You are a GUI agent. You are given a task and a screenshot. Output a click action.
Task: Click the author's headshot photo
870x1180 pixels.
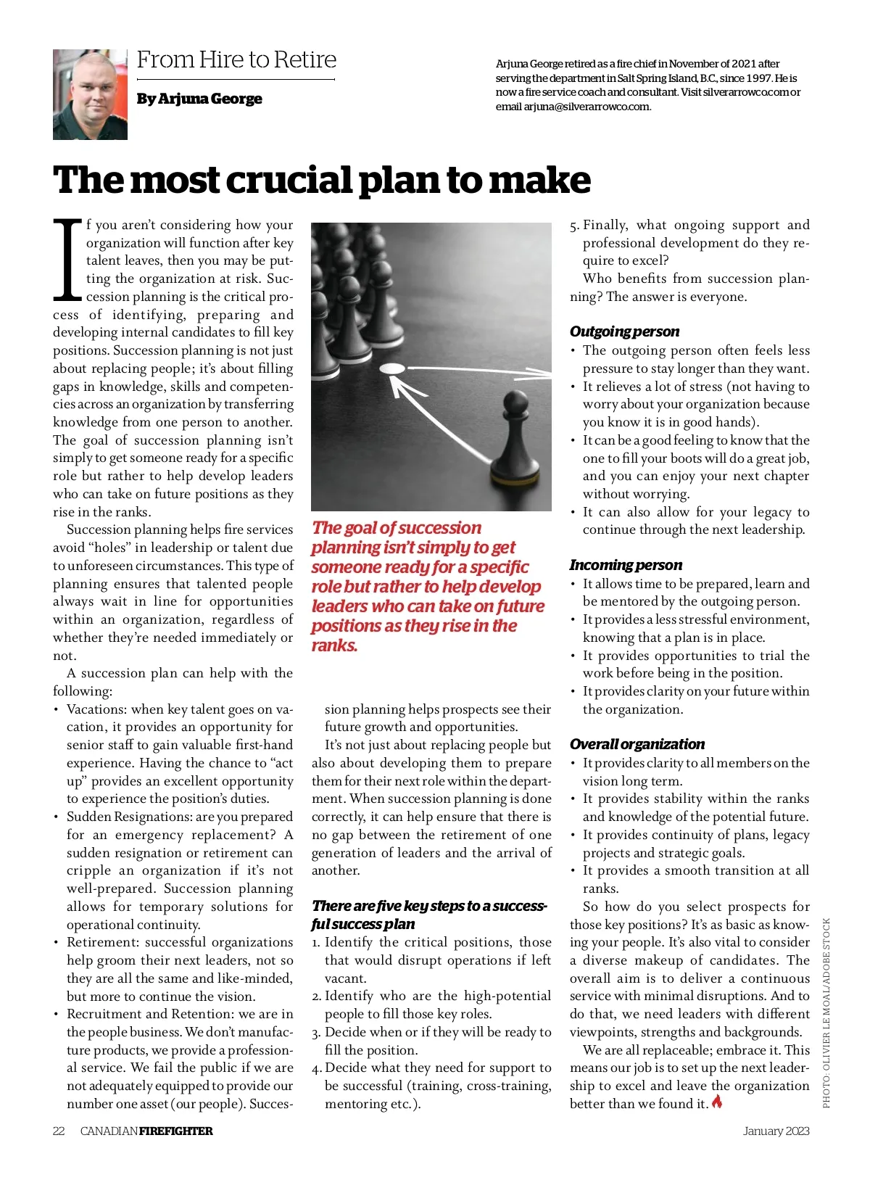90,94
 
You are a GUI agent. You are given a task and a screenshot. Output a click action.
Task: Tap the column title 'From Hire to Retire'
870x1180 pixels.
236,59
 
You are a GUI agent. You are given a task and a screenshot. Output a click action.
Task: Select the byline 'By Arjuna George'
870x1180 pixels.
199,99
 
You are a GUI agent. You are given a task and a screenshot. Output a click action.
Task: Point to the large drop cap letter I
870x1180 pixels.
67,260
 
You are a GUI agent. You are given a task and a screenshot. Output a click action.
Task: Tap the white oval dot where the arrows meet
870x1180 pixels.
392,368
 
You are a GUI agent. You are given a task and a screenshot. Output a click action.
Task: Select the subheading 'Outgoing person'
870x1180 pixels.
624,331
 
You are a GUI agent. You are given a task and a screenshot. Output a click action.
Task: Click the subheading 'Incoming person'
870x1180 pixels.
626,565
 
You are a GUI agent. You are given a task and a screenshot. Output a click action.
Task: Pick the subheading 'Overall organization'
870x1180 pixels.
637,744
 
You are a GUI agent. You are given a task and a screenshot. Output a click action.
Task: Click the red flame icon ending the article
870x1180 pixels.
717,1102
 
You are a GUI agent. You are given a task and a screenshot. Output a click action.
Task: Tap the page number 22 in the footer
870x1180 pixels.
59,1131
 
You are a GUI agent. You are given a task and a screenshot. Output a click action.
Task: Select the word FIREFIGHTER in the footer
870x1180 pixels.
176,1131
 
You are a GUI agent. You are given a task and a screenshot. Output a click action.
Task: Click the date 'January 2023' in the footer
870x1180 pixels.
776,1131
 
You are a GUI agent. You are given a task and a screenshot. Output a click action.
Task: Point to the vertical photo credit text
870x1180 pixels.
826,1012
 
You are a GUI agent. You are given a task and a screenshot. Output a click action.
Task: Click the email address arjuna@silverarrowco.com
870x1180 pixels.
587,107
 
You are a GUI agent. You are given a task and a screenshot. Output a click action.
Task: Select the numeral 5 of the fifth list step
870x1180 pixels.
573,225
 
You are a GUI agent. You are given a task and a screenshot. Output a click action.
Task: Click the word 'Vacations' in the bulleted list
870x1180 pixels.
96,709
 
